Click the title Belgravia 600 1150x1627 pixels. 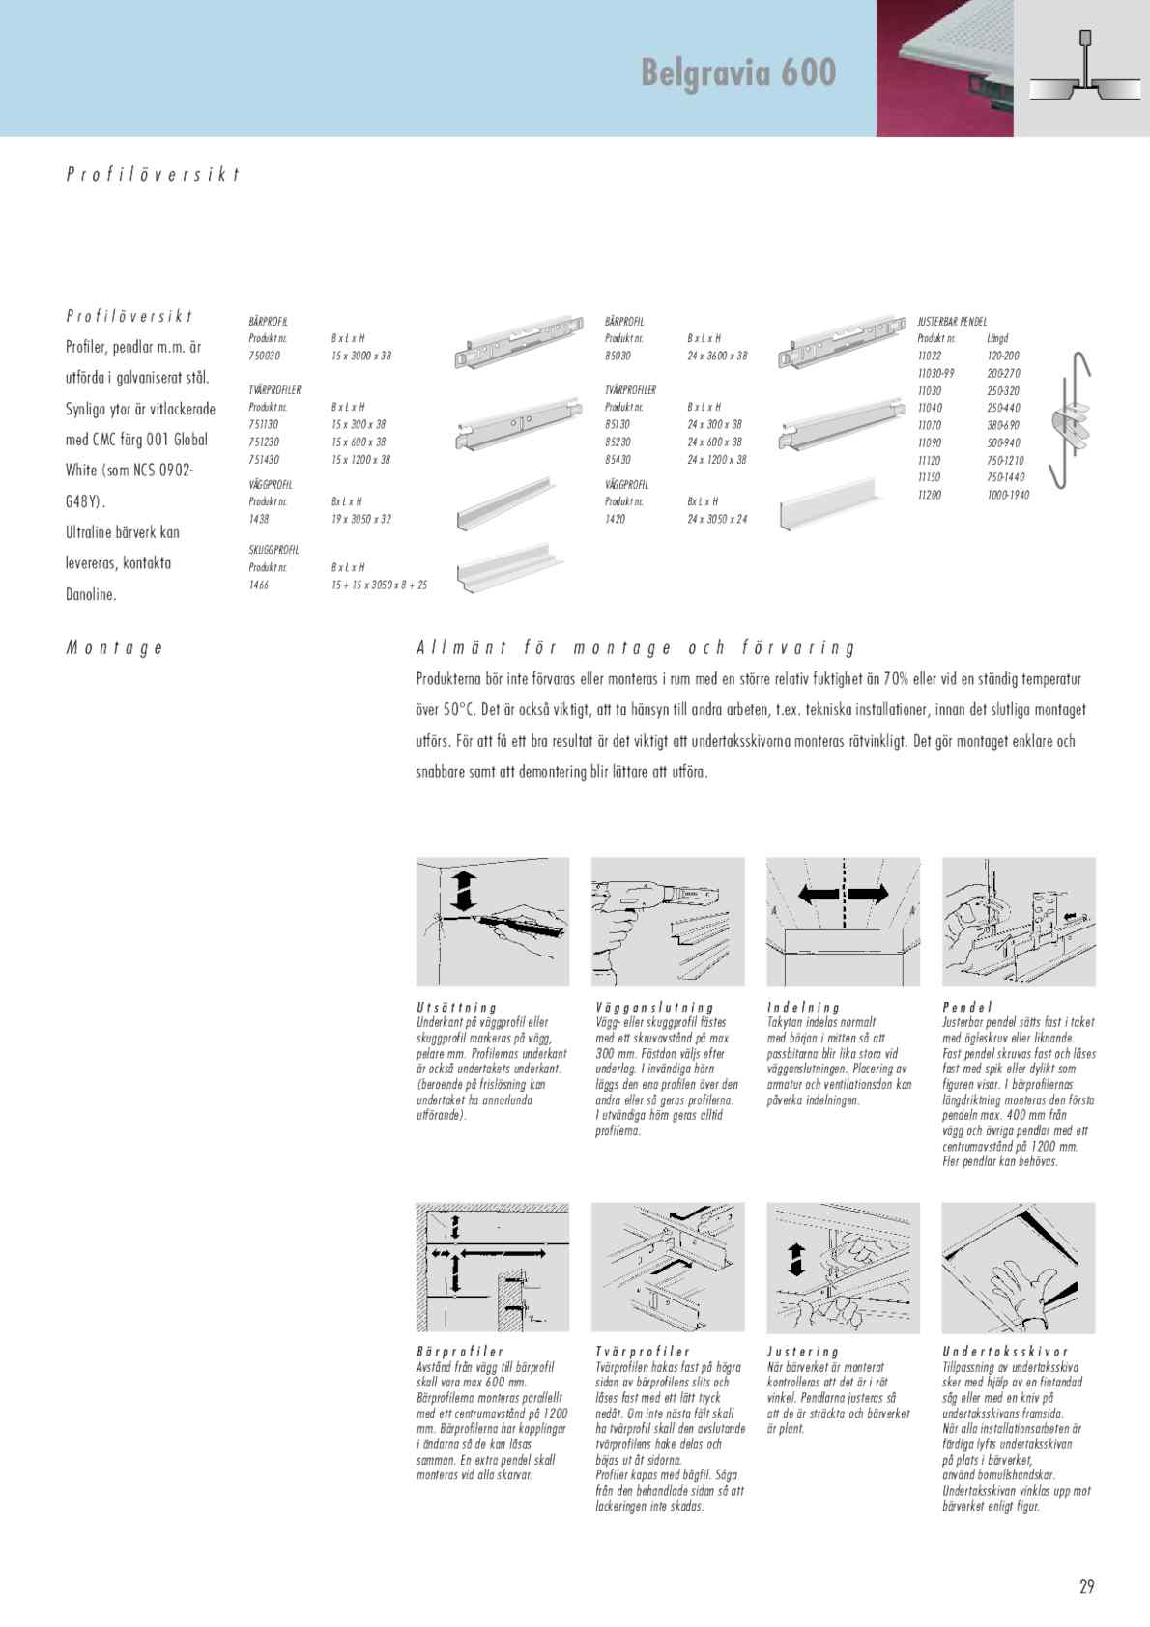[x=738, y=72]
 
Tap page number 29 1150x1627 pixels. [x=1086, y=1586]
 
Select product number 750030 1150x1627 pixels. [x=264, y=357]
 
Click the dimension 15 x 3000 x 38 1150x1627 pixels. [x=360, y=357]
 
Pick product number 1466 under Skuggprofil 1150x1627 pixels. [x=259, y=585]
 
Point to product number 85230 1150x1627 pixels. [x=618, y=442]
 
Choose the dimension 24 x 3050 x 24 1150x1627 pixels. [x=717, y=520]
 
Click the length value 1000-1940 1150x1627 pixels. [x=1008, y=495]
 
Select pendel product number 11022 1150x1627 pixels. [x=929, y=357]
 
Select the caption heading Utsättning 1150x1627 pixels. [x=457, y=1008]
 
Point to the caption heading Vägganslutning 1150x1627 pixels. [x=654, y=1008]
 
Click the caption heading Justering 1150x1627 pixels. [x=803, y=1352]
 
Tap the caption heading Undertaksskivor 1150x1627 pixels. [x=1005, y=1352]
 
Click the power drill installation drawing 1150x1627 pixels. [x=667, y=921]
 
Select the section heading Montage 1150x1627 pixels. [x=114, y=648]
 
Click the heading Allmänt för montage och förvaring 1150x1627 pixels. [x=635, y=648]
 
